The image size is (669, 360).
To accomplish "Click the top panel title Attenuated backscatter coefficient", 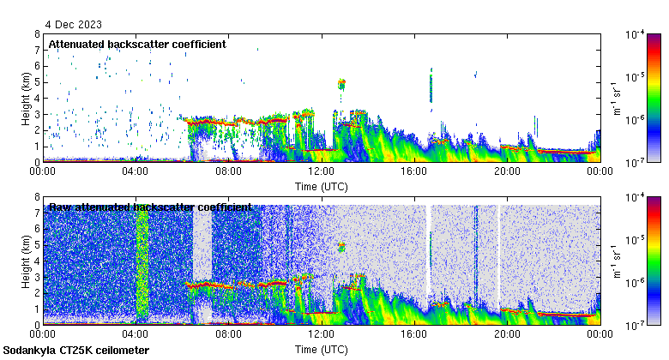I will (137, 44).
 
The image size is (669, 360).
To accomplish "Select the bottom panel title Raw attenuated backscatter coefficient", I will (150, 207).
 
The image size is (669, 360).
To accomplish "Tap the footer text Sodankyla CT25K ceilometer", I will (76, 351).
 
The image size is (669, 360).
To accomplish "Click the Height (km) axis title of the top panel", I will (27, 98).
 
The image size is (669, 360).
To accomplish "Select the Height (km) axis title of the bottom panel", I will (27, 261).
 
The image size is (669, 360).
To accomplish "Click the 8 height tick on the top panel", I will (37, 34).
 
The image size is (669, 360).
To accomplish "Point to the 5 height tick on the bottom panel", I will (37, 245).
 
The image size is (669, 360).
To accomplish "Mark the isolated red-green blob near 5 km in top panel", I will (341, 83).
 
